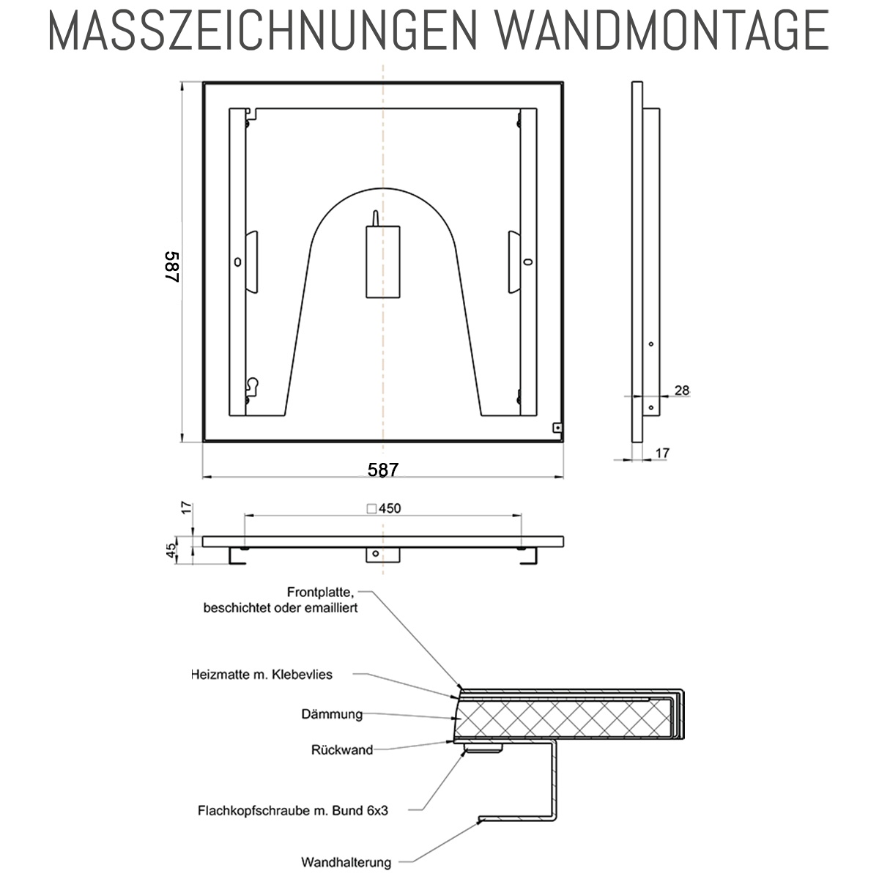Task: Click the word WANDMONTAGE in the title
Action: [x=662, y=30]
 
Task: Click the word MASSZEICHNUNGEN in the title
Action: [x=262, y=30]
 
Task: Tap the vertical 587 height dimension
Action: [x=172, y=267]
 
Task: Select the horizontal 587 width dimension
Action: [x=383, y=470]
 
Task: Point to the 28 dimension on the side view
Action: [x=682, y=390]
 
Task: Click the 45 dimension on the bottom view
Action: [x=171, y=550]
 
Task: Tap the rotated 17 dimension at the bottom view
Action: [x=187, y=508]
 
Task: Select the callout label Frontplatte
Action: [x=320, y=592]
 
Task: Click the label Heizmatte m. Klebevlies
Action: [x=262, y=675]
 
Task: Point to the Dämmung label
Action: [x=332, y=714]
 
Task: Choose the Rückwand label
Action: [x=342, y=750]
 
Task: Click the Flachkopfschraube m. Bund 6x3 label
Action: [x=293, y=811]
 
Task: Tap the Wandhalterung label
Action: [x=346, y=863]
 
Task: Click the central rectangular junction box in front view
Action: [x=383, y=262]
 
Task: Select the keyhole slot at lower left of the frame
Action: [x=252, y=384]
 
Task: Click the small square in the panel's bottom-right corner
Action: [x=557, y=428]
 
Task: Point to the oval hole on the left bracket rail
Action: [x=237, y=262]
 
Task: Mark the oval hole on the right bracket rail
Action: [x=528, y=262]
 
